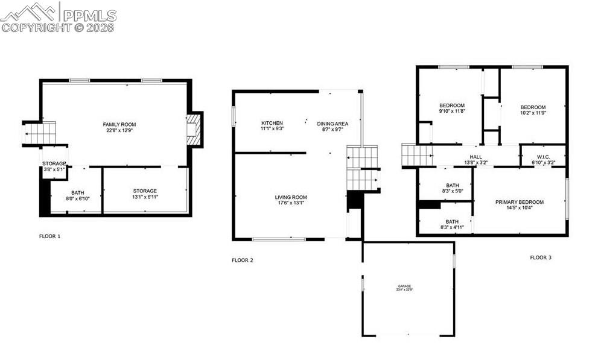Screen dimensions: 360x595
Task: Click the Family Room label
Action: (115, 124)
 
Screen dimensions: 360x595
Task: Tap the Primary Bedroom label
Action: (519, 202)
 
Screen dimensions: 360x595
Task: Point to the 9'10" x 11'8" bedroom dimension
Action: (451, 111)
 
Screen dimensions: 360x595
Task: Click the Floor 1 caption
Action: (49, 236)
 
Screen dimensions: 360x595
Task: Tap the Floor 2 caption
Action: (243, 261)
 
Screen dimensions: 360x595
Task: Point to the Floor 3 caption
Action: (541, 257)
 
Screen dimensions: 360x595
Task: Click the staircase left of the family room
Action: (40, 133)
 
